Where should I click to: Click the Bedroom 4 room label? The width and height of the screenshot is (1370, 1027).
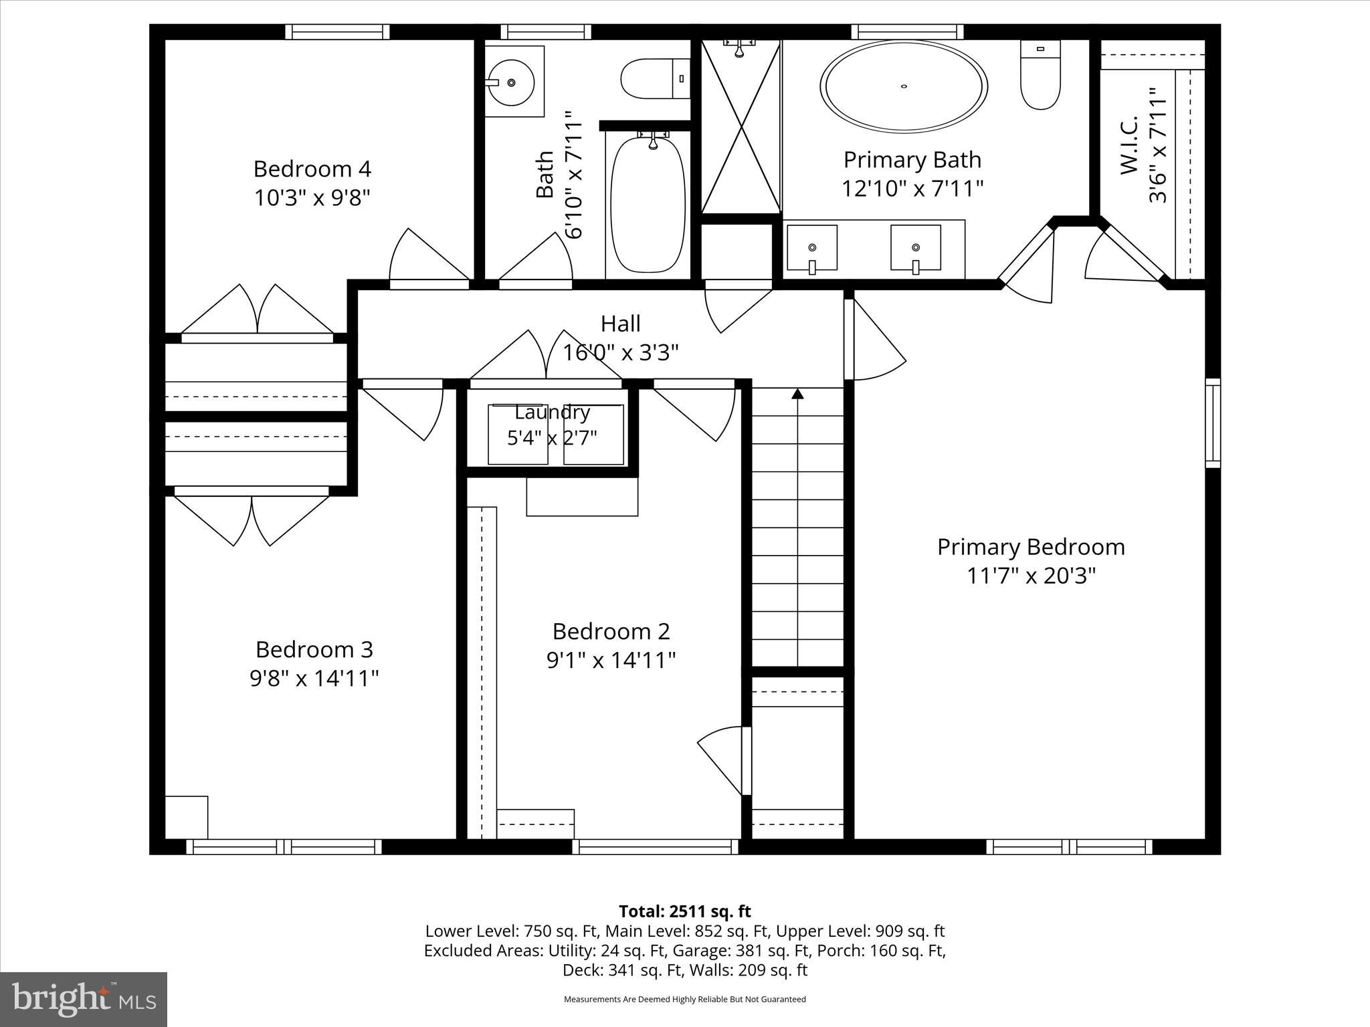tap(312, 168)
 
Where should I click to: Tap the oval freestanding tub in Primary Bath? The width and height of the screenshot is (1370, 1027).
tap(904, 87)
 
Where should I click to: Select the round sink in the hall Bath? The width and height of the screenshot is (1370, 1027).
tap(511, 82)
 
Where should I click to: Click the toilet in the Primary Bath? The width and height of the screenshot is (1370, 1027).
tap(1040, 75)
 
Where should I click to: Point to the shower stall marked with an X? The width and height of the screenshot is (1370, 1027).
tap(741, 127)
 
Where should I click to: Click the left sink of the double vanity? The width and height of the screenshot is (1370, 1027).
tap(811, 247)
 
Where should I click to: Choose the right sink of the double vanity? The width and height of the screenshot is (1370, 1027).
tap(915, 247)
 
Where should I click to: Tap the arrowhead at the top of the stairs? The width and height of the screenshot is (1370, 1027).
tap(797, 394)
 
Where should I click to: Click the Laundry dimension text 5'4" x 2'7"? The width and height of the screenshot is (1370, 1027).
tap(552, 438)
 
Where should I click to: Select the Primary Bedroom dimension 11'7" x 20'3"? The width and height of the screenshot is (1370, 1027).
tap(1031, 576)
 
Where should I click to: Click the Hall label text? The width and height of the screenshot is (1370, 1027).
tap(620, 324)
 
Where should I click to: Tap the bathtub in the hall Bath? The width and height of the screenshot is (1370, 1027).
tap(648, 204)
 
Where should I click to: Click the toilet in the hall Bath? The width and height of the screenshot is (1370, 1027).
tap(655, 79)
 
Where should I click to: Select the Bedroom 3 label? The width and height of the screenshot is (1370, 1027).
tap(314, 649)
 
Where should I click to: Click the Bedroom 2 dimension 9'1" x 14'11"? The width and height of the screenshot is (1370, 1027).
tap(611, 661)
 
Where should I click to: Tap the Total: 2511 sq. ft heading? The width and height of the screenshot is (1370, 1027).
tap(684, 911)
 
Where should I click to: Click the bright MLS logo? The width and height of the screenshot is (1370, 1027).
tap(84, 999)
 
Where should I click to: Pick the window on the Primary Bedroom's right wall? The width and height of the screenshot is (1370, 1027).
tap(1212, 423)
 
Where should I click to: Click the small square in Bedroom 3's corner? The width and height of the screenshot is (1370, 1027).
tap(187, 817)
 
